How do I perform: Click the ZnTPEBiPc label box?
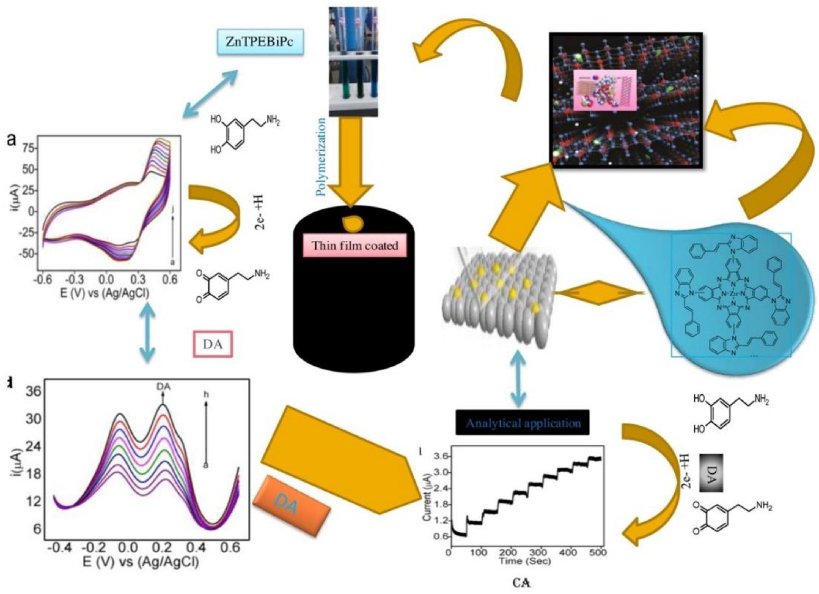click(260, 42)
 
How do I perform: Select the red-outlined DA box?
click(213, 344)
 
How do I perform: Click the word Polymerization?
click(321, 156)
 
